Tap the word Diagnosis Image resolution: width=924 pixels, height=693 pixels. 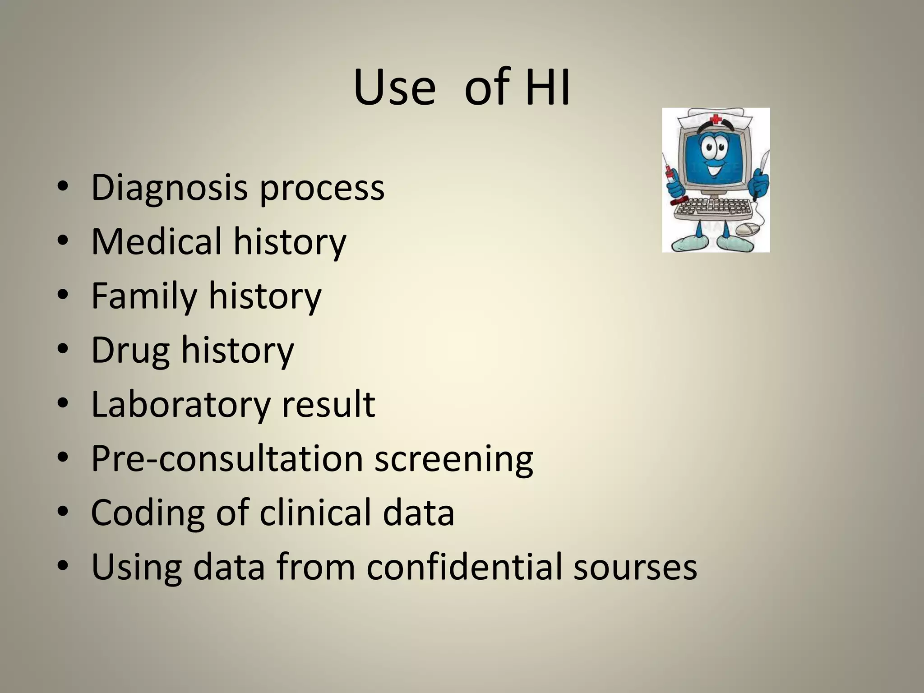pos(169,188)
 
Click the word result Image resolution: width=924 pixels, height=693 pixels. pos(328,404)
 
